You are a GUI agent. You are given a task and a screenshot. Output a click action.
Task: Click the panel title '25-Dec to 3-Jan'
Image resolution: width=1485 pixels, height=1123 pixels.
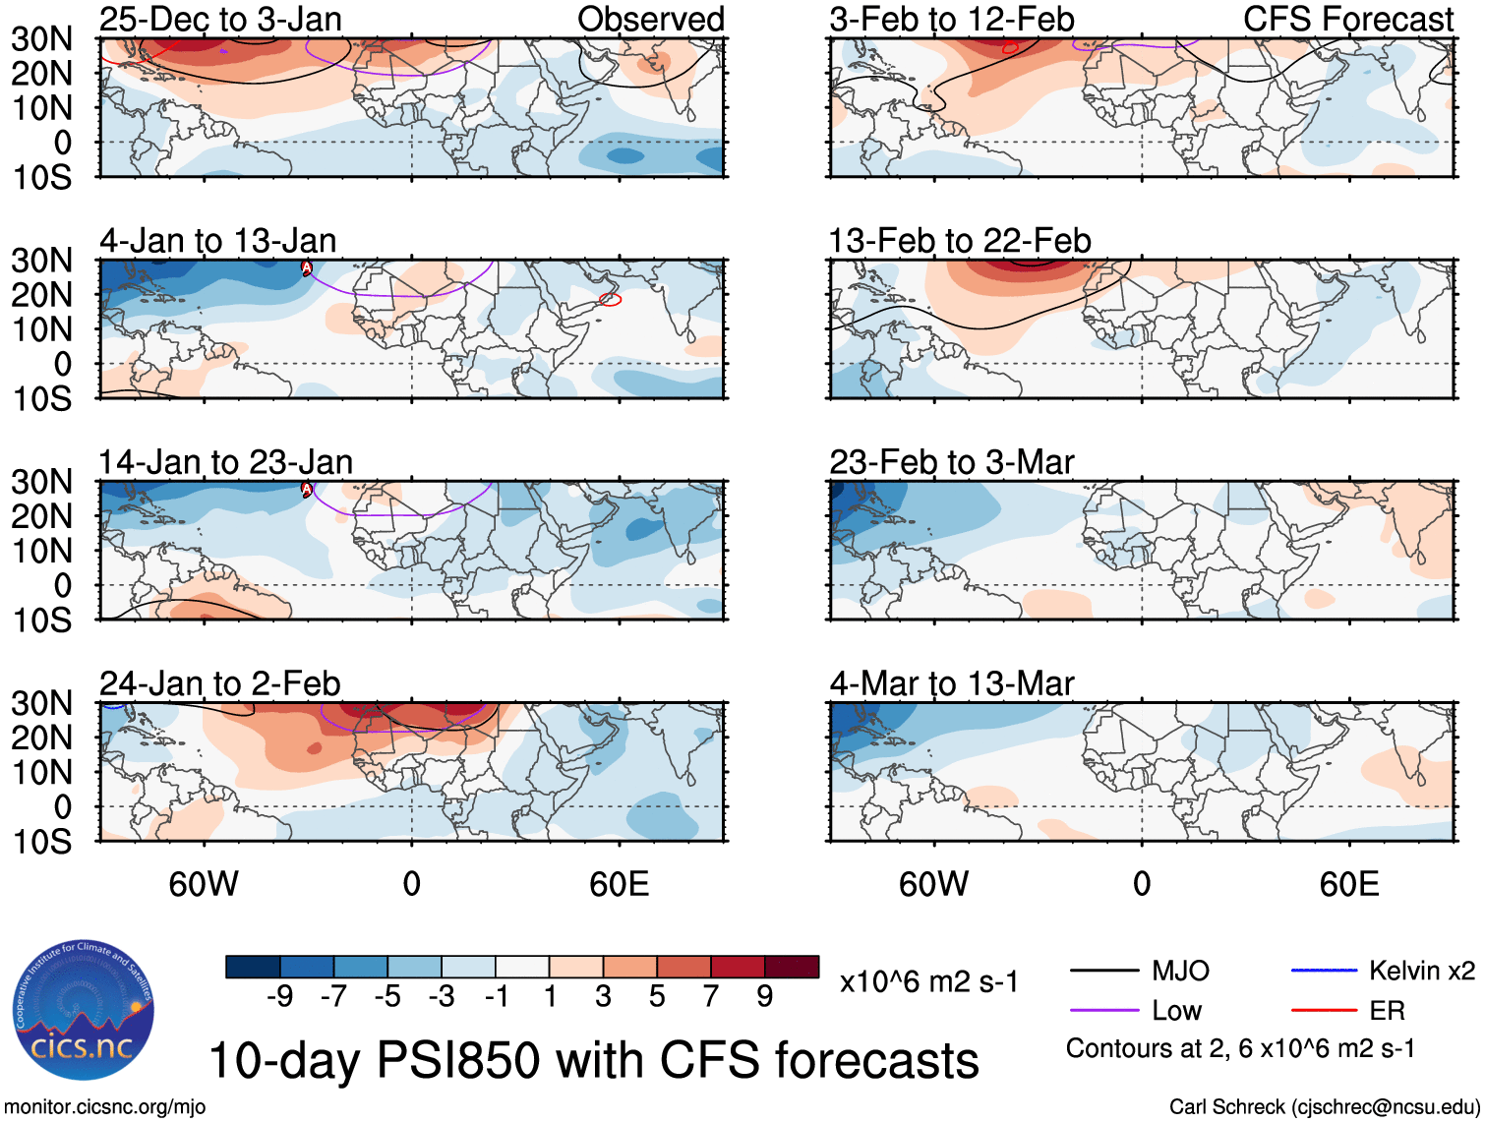[x=220, y=20]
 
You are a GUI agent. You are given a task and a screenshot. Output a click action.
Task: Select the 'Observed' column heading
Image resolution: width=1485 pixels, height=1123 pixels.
[x=650, y=20]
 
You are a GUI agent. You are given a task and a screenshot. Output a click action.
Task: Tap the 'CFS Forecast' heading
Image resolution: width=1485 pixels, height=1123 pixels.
[x=1348, y=20]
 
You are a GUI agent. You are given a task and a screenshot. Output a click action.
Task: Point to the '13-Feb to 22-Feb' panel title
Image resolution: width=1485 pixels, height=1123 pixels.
[x=960, y=241]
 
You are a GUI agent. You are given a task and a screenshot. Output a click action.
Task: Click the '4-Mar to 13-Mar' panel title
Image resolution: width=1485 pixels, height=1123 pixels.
[x=951, y=683]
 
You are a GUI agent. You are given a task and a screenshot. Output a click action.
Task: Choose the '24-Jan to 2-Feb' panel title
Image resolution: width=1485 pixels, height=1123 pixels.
[x=219, y=683]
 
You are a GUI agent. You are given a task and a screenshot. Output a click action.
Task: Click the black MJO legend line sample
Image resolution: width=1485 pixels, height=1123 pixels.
[x=1103, y=972]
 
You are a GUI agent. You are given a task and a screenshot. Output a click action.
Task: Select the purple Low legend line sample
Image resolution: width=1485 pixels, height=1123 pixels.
[x=1103, y=1011]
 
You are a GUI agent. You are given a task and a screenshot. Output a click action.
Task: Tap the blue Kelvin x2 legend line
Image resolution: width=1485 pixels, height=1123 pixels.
[x=1324, y=971]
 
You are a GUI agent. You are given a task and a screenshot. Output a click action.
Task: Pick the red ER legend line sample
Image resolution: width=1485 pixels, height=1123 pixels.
[x=1324, y=1010]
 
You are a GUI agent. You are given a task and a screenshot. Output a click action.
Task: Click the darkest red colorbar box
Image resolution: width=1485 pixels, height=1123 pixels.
[x=792, y=967]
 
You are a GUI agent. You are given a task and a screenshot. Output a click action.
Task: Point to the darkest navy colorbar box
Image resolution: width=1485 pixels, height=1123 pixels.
[x=253, y=967]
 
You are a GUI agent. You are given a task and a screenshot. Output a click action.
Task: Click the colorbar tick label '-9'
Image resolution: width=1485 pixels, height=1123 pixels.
[x=280, y=997]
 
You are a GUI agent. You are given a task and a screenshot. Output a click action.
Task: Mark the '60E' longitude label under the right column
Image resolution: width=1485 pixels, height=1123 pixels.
[x=1348, y=884]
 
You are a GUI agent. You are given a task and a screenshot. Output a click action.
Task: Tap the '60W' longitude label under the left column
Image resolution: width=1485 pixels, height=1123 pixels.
[x=204, y=884]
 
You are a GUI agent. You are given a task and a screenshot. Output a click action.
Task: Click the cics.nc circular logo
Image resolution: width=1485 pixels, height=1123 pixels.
[x=84, y=1010]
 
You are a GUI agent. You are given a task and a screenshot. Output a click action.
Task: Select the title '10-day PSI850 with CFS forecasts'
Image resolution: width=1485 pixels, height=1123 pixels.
[x=594, y=1061]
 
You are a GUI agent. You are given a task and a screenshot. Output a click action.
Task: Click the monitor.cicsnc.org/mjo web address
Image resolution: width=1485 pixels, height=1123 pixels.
[x=105, y=1107]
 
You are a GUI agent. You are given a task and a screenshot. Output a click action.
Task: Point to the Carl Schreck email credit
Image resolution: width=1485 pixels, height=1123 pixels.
[x=1324, y=1107]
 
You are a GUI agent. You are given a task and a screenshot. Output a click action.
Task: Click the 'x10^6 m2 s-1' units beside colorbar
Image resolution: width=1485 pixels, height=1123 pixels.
[x=929, y=982]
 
